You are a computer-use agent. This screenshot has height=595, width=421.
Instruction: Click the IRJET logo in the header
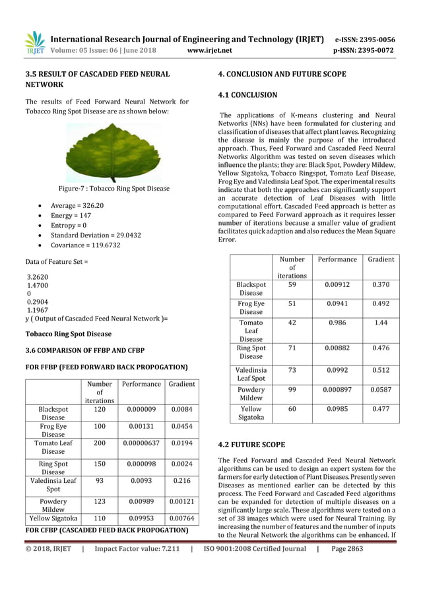tap(34, 43)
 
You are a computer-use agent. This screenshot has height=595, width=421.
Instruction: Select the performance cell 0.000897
tap(337, 390)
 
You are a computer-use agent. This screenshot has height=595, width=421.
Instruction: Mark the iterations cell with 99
tap(292, 390)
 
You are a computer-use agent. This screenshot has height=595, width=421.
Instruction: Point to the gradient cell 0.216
tap(181, 481)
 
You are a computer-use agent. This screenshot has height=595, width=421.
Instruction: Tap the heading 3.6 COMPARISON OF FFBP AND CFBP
tap(84, 350)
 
